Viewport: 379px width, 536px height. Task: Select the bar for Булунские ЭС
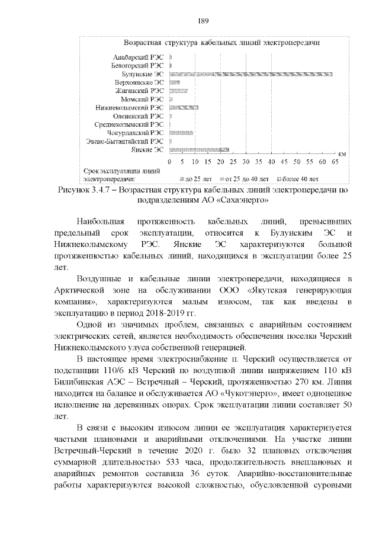[250, 73]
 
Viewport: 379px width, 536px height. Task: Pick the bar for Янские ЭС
[199, 150]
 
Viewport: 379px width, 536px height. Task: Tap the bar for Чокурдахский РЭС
[181, 133]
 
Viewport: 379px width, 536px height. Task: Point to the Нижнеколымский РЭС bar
[184, 108]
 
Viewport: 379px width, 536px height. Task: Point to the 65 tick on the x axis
[335, 162]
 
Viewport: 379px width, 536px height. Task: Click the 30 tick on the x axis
[246, 162]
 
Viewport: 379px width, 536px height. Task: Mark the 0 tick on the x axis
[169, 162]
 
